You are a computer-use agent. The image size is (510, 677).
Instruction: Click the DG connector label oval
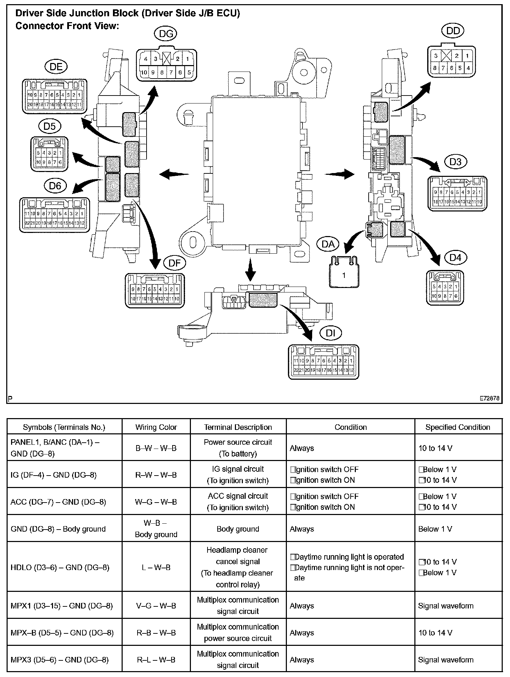click(x=165, y=34)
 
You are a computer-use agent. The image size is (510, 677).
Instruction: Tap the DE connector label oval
click(x=56, y=67)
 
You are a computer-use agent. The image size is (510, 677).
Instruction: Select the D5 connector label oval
click(x=50, y=126)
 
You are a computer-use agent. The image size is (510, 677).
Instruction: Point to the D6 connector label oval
click(x=55, y=186)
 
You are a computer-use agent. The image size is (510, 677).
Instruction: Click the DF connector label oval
click(x=175, y=263)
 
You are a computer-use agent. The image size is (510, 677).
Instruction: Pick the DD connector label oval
click(x=453, y=31)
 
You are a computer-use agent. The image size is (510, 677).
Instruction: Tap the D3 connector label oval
click(x=456, y=162)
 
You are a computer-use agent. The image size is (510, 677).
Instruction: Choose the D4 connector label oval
click(x=456, y=258)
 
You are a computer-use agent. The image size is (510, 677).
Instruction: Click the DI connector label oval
click(x=331, y=333)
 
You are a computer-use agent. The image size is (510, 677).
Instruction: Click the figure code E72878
click(x=489, y=398)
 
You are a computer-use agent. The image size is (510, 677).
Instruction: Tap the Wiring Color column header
click(x=156, y=427)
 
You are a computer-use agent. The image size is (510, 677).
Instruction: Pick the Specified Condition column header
click(x=458, y=427)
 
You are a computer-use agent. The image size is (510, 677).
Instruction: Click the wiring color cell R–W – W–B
click(x=156, y=475)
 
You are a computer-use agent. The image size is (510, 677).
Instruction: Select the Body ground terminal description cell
click(x=238, y=529)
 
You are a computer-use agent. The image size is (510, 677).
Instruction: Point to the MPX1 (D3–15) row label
click(x=62, y=606)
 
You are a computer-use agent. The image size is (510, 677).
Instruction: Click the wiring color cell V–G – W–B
click(x=156, y=606)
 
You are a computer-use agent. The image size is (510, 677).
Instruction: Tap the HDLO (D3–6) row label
click(x=60, y=567)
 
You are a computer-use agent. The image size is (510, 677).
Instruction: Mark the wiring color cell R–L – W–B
click(x=156, y=660)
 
